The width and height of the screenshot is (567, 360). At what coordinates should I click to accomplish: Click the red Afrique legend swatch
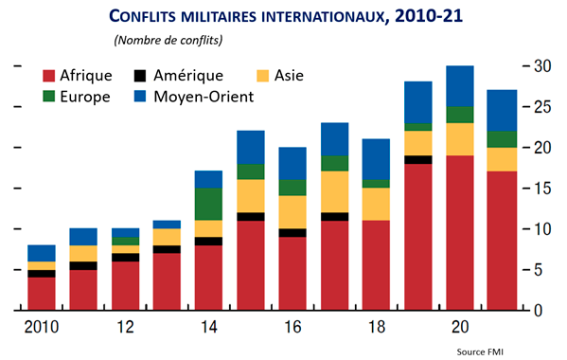(50, 75)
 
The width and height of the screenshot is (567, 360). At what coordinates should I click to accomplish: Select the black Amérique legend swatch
(141, 75)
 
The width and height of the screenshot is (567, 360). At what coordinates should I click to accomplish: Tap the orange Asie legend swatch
(265, 75)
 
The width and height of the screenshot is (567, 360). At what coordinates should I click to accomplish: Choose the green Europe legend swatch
(50, 96)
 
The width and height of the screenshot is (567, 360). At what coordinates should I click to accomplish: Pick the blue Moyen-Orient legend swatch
(141, 96)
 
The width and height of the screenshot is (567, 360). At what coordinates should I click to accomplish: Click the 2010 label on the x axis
(41, 328)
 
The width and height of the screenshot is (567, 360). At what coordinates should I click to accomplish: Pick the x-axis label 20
(459, 328)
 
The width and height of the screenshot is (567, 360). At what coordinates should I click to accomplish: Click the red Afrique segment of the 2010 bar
(42, 294)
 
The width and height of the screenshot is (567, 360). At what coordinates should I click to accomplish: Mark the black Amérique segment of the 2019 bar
(418, 160)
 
